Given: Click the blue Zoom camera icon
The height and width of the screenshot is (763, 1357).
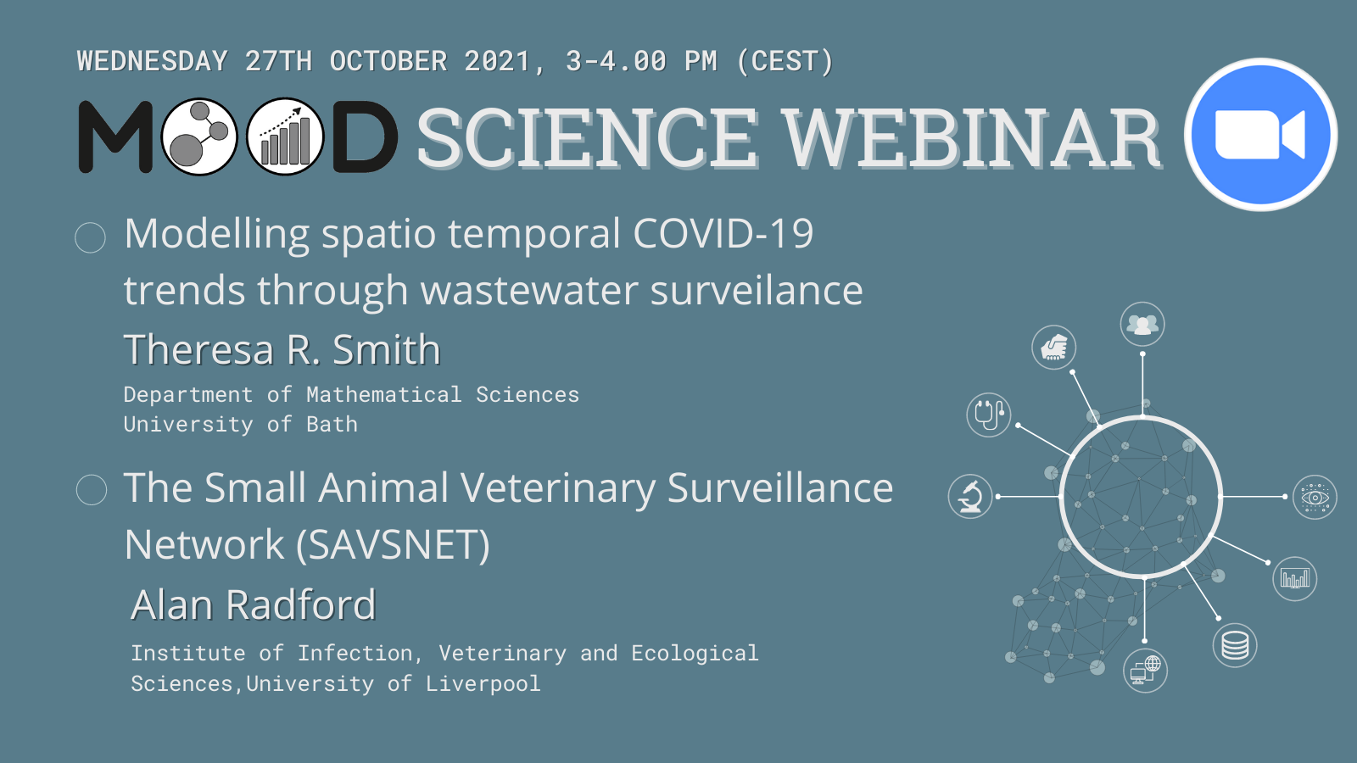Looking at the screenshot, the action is (1261, 135).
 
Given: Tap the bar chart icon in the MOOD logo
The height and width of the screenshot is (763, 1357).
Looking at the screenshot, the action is (285, 136).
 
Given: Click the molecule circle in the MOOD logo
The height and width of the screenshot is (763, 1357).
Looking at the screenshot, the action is (199, 136).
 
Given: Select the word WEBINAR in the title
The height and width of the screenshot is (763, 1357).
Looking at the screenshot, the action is (970, 139).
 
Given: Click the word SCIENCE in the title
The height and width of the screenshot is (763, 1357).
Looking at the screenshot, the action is (587, 139).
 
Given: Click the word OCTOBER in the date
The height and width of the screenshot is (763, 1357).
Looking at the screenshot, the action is (388, 61).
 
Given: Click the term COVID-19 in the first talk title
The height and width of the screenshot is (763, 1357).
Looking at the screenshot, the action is (723, 233).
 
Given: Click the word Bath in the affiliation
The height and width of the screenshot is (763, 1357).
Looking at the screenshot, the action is (332, 424).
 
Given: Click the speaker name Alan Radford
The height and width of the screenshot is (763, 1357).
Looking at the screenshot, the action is (254, 604).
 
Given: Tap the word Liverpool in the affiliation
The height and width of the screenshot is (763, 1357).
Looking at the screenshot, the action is (483, 683).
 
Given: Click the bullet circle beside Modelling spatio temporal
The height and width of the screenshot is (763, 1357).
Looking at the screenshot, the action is (90, 237).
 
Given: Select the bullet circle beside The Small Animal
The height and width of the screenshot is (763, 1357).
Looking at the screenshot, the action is (92, 489).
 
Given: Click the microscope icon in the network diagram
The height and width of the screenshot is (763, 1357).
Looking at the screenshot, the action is (970, 497).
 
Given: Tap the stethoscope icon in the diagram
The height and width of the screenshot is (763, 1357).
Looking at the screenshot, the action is (989, 415).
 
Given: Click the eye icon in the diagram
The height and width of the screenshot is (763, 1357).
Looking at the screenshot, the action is (1315, 497).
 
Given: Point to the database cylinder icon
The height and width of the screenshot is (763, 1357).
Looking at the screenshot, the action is (1235, 645).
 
